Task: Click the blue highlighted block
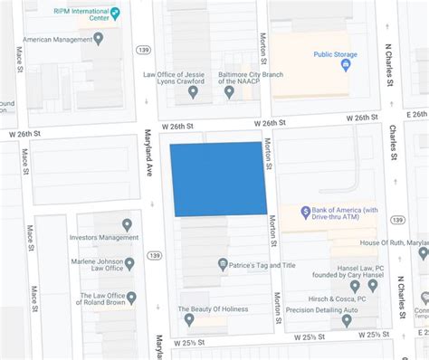point(219,178)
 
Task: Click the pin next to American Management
point(99,38)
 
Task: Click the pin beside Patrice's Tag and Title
point(223,264)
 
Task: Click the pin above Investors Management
point(127,224)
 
